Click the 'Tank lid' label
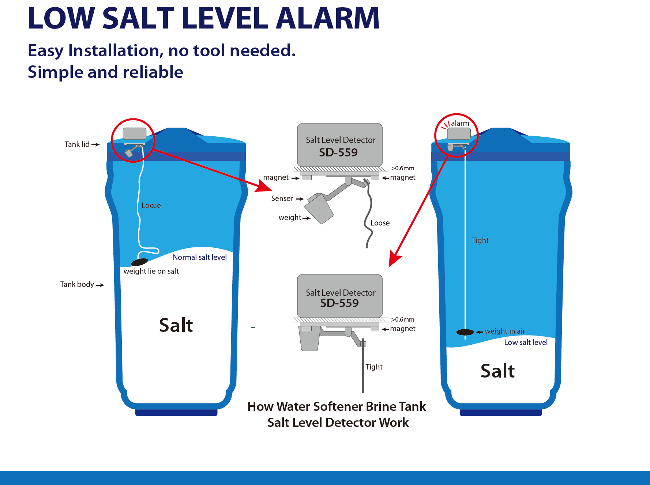tap(77, 144)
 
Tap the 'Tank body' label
tap(77, 284)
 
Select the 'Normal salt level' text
tap(199, 257)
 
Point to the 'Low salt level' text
tap(526, 342)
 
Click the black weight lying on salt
tap(139, 262)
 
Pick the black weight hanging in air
tap(465, 332)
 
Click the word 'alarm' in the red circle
tap(460, 123)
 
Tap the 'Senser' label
tap(282, 198)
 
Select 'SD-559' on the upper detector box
tap(338, 152)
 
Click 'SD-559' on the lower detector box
tap(339, 303)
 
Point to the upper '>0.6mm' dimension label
tap(402, 168)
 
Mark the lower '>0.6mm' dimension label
tap(402, 319)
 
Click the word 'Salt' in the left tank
tap(176, 325)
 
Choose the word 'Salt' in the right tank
tap(497, 371)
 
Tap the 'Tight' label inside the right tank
tap(480, 240)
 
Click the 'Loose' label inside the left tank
tap(151, 205)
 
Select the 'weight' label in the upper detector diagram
tap(290, 217)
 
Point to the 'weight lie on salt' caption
tap(151, 271)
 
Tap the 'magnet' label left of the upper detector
tap(276, 177)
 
